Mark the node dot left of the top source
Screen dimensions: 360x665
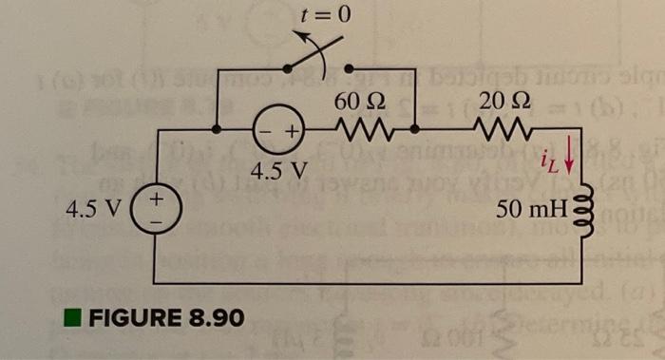218,127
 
